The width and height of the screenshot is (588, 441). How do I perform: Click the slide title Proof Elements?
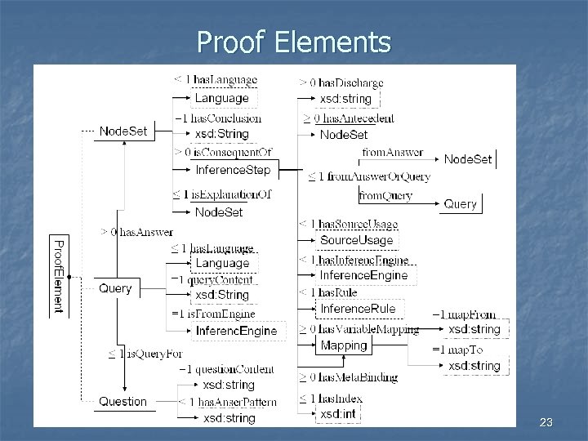pyautogui.click(x=294, y=42)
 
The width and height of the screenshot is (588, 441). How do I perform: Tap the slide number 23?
pyautogui.click(x=546, y=422)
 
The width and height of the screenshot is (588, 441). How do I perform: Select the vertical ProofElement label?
pyautogui.click(x=58, y=276)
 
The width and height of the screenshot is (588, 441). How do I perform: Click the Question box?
pyautogui.click(x=123, y=401)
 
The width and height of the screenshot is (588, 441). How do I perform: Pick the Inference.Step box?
pyautogui.click(x=234, y=170)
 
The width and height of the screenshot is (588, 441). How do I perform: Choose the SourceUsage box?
pyautogui.click(x=357, y=240)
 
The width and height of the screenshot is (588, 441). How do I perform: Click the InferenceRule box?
pyautogui.click(x=358, y=309)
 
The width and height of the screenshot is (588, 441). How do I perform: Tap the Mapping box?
pyautogui.click(x=344, y=345)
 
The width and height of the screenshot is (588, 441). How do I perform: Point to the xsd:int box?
pyautogui.click(x=336, y=414)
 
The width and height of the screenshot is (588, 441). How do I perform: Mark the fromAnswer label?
pyautogui.click(x=392, y=151)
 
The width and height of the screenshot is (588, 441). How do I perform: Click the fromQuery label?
pyautogui.click(x=386, y=196)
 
